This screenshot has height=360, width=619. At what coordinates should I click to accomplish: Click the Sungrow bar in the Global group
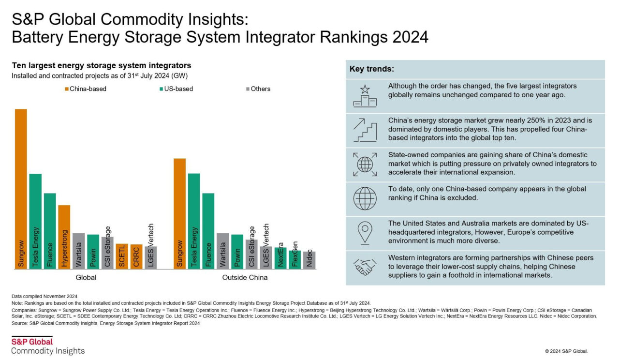pyautogui.click(x=21, y=189)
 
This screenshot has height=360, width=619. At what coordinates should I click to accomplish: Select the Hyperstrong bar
pyautogui.click(x=64, y=237)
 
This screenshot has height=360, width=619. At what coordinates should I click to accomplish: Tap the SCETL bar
pyautogui.click(x=122, y=256)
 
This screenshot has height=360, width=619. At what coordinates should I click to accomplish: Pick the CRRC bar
pyautogui.click(x=136, y=256)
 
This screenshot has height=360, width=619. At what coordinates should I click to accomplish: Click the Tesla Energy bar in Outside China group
pyautogui.click(x=194, y=221)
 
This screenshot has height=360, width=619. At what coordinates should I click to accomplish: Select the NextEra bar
pyautogui.click(x=280, y=258)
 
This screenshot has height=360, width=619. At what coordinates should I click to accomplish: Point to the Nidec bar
pyautogui.click(x=309, y=260)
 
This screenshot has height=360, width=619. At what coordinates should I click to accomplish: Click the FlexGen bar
pyautogui.click(x=295, y=259)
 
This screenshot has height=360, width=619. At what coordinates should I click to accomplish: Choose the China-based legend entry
pyautogui.click(x=85, y=89)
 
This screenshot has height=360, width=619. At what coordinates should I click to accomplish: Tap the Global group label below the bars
pyautogui.click(x=86, y=278)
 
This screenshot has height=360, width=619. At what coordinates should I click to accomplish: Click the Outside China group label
pyautogui.click(x=245, y=278)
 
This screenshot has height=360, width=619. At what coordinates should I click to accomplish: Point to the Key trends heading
pyautogui.click(x=371, y=69)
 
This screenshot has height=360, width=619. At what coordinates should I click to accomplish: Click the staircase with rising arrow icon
pyautogui.click(x=365, y=130)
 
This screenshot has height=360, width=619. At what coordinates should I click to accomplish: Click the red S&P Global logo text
pyautogui.click(x=32, y=342)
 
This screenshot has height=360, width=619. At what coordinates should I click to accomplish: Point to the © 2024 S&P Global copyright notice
pyautogui.click(x=566, y=351)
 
